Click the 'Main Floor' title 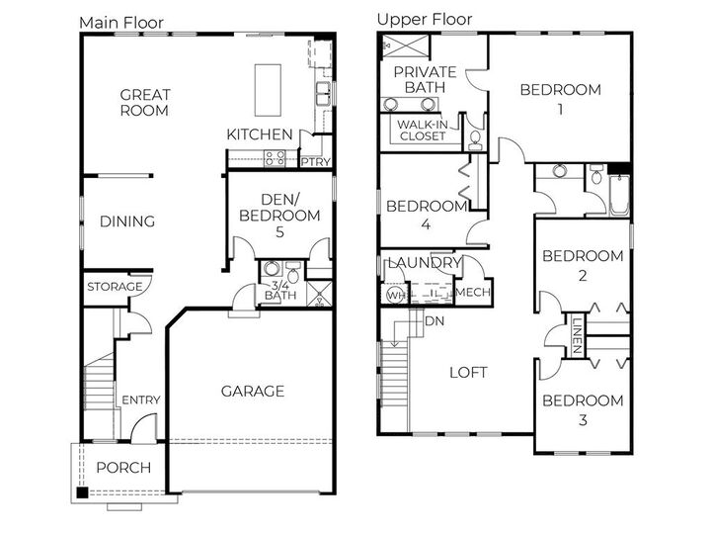pos(121,23)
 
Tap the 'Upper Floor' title pos(425,20)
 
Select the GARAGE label pos(253,391)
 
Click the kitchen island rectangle pos(268,90)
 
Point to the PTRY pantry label pos(316,161)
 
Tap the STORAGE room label pos(115,287)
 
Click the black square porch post pos(82,492)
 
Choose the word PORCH pos(123,468)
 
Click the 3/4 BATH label pos(280,290)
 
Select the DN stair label pos(434,321)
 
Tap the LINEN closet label pos(577,335)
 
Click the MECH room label pos(473,292)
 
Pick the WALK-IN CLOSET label pos(423,130)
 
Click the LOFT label pos(468,373)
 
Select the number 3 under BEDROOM pos(583,420)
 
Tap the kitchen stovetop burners pos(275,158)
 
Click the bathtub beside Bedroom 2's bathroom pos(619,195)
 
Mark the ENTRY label pos(141,400)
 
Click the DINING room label pos(127,222)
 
